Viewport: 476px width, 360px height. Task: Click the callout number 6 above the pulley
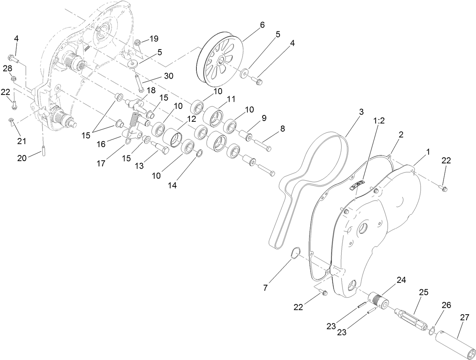262,25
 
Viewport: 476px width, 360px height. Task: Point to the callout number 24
401,280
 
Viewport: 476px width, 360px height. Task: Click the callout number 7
265,288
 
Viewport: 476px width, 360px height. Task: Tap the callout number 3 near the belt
361,112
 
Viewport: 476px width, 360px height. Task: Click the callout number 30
168,76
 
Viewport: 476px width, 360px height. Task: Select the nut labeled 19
138,42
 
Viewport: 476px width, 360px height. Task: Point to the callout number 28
7,68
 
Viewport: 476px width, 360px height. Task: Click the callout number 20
22,158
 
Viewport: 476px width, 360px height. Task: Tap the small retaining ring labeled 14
200,153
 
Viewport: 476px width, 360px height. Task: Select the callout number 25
423,292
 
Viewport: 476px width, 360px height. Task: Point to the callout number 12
191,119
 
